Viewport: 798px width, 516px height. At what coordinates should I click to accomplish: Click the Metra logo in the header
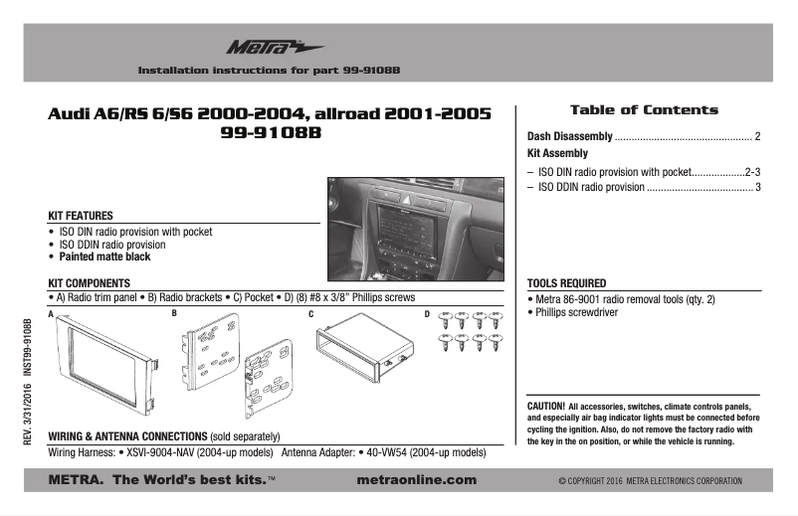(x=261, y=47)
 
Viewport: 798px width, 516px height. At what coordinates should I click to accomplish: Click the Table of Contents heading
(x=643, y=110)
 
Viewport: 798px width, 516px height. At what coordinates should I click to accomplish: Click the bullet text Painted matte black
(x=105, y=257)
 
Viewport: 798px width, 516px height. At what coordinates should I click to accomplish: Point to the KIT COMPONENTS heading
(x=90, y=283)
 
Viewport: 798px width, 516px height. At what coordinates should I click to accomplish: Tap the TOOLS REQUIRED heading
(x=566, y=283)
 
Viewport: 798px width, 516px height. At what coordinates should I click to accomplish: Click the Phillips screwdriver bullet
(x=576, y=312)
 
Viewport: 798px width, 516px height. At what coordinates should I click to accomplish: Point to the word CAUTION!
(x=546, y=407)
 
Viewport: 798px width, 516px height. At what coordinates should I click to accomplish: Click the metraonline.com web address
(x=415, y=480)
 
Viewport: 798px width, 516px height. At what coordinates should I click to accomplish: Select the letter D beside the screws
(x=428, y=314)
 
